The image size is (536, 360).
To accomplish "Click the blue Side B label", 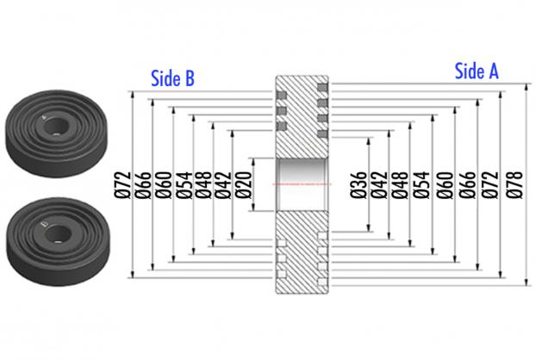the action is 172,78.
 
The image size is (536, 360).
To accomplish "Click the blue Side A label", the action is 477,71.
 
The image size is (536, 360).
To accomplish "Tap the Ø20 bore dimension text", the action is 244,185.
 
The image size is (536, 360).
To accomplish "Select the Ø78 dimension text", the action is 514,184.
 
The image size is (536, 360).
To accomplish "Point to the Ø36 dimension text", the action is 358,185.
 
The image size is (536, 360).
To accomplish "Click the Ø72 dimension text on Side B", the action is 122,185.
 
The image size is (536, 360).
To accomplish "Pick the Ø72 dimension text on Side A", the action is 490,184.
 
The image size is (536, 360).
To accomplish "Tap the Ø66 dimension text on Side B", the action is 142,185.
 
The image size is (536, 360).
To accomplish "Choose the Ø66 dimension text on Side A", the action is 467,184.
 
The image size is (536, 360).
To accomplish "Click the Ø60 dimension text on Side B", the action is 164,185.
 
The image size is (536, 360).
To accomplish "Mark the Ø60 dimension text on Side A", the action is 445,184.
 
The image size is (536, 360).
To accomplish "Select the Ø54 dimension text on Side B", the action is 184,185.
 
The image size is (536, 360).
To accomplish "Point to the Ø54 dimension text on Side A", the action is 421,184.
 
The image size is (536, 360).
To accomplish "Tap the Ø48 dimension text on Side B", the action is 203,185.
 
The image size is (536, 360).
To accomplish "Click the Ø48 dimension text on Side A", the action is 400,184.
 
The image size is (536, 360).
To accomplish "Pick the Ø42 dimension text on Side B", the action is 223,185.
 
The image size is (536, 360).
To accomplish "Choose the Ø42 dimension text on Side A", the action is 379,185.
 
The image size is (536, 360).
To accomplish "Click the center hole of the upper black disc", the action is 56,127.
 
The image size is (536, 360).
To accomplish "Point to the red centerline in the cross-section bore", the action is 302,184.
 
